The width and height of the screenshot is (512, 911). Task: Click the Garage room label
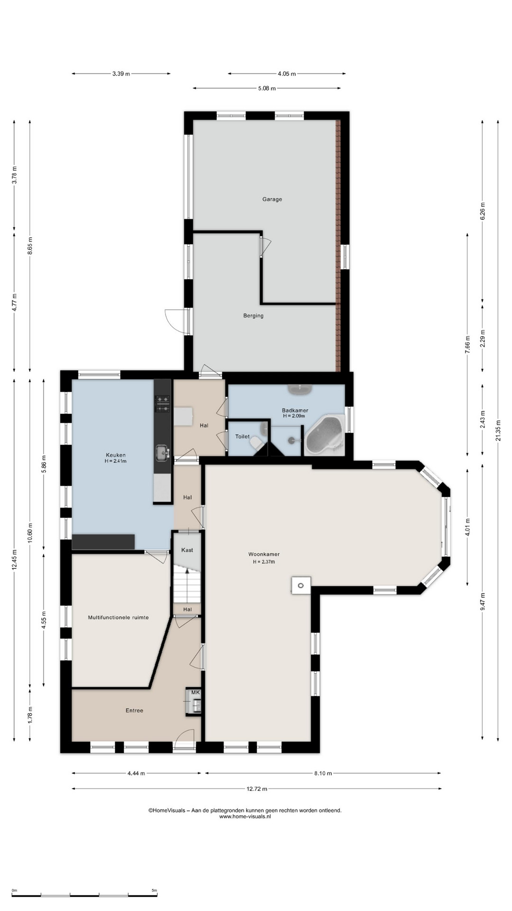[272, 199]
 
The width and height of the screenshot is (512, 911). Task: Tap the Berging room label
[253, 316]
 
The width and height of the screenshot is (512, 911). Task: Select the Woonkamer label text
[264, 554]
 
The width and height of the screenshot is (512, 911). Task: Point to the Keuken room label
[116, 455]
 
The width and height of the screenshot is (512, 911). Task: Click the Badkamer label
[295, 410]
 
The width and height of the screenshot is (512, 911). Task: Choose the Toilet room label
[242, 437]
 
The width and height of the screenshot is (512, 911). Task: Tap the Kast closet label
[187, 550]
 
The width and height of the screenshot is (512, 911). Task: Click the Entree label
[134, 710]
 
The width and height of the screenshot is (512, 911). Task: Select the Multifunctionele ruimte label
[119, 617]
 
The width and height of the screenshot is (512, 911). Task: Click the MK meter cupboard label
[195, 693]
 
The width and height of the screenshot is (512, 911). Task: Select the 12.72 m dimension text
[256, 789]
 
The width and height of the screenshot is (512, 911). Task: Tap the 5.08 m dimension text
[267, 88]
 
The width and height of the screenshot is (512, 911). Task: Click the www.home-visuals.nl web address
[245, 817]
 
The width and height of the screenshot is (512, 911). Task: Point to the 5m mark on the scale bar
[154, 891]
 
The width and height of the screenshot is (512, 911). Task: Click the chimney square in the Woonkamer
[301, 586]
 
